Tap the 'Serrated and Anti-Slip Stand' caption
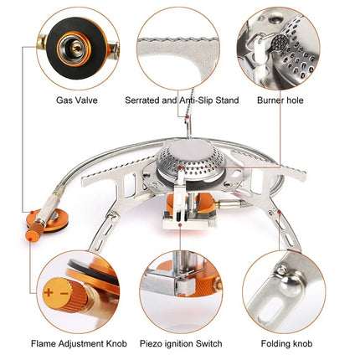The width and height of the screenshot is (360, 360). [182, 100]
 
